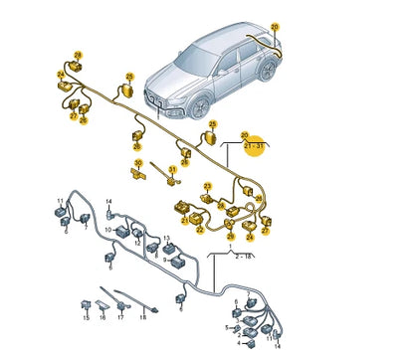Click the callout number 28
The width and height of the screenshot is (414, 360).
78,54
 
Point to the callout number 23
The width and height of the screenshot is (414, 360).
207,186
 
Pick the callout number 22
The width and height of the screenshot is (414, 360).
200,231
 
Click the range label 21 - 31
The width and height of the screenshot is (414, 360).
254,145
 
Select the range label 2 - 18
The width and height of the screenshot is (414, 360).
242,255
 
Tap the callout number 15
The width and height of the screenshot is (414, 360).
86,318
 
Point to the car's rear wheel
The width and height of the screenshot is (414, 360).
267,70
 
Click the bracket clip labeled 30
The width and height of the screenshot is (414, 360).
137,173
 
